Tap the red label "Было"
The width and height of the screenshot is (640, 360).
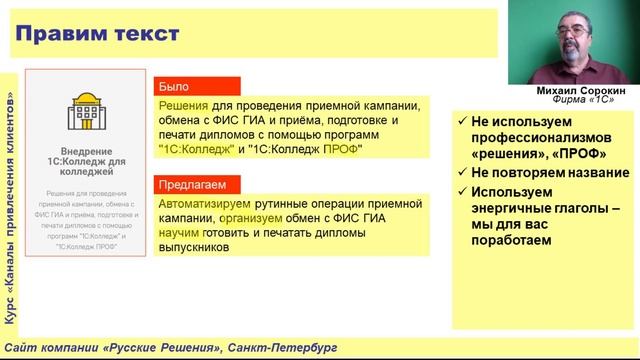pyautogui.click(x=174, y=86)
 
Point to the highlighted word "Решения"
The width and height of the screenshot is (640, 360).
pyautogui.click(x=182, y=104)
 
